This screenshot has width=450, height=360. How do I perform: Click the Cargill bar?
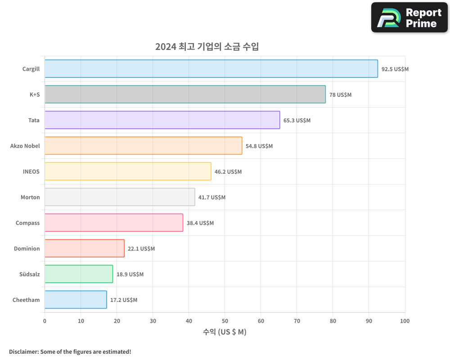click(x=211, y=69)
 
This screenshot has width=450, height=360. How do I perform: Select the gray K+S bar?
click(x=185, y=94)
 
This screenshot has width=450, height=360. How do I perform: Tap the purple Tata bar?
click(x=162, y=120)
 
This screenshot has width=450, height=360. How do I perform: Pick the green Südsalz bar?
click(x=79, y=274)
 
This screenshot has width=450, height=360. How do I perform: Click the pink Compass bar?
click(x=114, y=223)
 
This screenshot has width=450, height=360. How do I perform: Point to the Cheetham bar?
click(x=76, y=300)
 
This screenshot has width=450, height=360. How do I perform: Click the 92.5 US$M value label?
click(x=395, y=69)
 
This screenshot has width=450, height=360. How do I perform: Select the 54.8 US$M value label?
click(x=259, y=146)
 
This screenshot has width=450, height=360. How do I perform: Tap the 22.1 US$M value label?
click(x=141, y=249)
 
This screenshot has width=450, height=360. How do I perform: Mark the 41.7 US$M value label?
click(x=212, y=198)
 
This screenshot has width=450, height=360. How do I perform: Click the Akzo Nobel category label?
click(x=25, y=146)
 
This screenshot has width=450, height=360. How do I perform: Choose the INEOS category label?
click(x=31, y=171)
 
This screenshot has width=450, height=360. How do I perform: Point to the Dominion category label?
click(x=27, y=248)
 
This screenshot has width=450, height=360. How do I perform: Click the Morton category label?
click(x=30, y=197)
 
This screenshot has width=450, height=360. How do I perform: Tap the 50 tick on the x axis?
click(x=225, y=321)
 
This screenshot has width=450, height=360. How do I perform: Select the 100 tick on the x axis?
click(x=405, y=321)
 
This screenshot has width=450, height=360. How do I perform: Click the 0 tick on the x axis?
click(x=45, y=321)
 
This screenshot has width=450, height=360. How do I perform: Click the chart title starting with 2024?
click(x=207, y=46)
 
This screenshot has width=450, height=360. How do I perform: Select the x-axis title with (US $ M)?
click(x=225, y=332)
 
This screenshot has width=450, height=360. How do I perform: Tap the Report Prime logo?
click(x=409, y=18)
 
